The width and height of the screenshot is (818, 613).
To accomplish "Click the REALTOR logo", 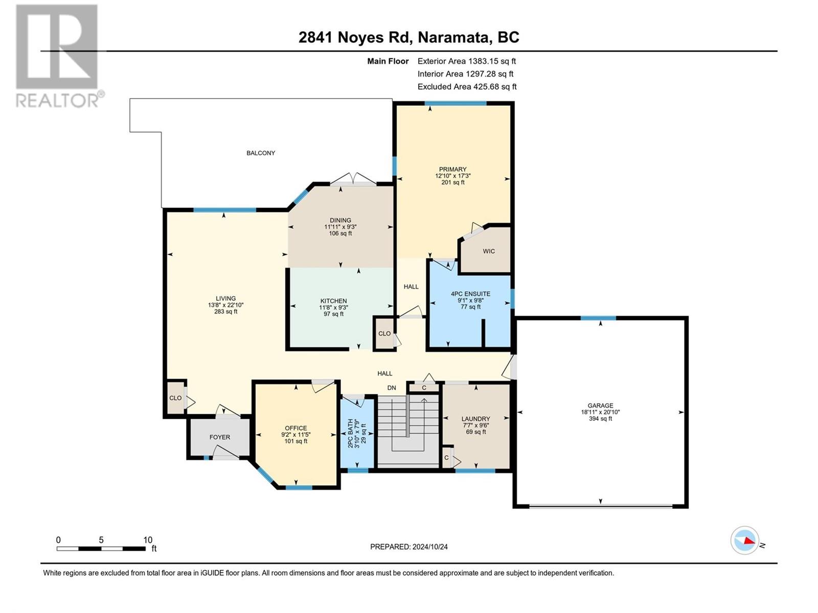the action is pos(60,56).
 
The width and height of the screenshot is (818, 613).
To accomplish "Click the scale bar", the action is pos(101,549).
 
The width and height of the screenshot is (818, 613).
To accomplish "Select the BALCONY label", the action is pos(261,153).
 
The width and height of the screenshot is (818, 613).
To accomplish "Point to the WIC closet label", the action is pos(489,251).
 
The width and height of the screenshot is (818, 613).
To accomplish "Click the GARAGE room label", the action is pos(600,405).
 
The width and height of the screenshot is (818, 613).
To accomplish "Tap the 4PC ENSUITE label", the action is pos(470,294).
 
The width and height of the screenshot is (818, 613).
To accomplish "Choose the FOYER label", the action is pos(219,437).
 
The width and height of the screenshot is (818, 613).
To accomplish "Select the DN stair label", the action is pos(391,388).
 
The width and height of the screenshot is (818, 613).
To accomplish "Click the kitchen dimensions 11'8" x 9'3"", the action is pos(334,308).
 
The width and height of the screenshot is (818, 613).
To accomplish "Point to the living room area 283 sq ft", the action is pos(226,312).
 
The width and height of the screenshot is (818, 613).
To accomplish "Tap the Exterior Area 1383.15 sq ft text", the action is pos(467,61).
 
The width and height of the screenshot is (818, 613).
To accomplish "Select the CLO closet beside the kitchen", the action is pos(384,334).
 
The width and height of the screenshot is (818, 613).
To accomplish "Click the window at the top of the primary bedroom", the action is pos(456,104).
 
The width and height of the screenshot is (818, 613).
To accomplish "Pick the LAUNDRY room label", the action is pos(475,419).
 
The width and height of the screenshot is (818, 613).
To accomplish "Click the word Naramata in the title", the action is pos(452,38).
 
